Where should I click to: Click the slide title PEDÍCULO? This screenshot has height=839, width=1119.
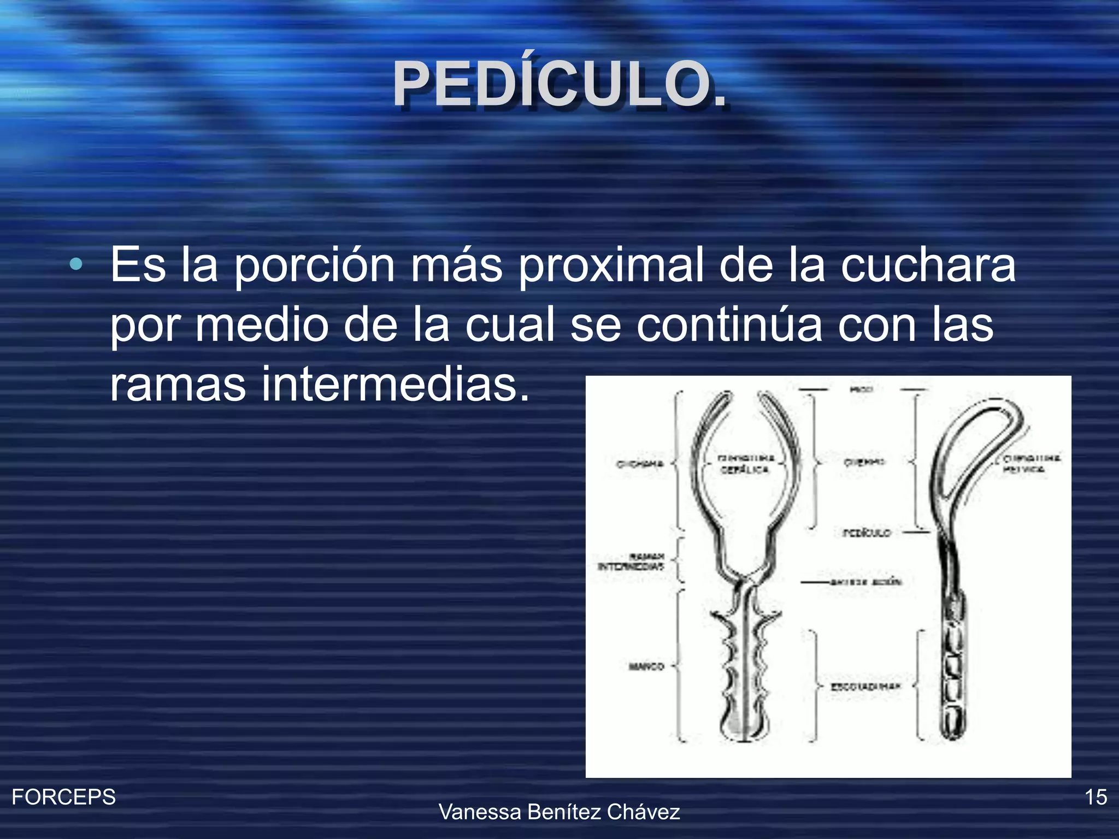coord(559,85)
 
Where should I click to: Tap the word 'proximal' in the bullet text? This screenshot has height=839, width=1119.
coord(610,265)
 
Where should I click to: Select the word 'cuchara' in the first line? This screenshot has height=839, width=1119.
coord(928,265)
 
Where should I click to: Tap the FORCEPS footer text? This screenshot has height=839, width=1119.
coord(64,797)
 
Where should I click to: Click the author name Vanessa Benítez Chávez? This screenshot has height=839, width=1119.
coord(559,812)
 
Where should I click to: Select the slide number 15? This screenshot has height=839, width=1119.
coord(1096,797)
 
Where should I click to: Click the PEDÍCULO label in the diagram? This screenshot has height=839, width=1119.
coord(867,533)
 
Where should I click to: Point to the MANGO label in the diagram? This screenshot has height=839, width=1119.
coord(646,666)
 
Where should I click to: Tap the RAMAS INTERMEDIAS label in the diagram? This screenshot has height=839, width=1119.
coord(631,562)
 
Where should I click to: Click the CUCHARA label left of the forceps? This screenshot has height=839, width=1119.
coord(640,464)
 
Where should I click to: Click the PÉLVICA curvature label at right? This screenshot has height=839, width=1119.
coord(1030,463)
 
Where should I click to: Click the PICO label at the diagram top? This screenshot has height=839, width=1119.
coord(862,389)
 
